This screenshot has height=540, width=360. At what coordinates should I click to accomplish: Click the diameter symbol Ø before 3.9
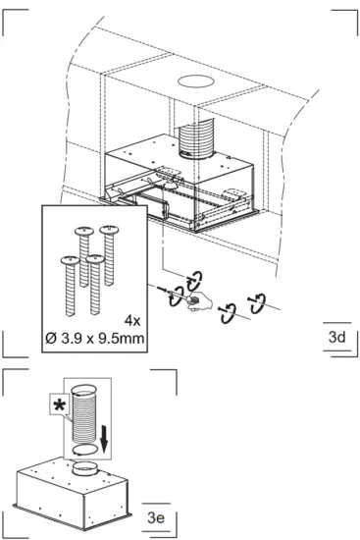(65, 338)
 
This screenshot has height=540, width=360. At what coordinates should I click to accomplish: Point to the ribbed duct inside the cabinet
(194, 136)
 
